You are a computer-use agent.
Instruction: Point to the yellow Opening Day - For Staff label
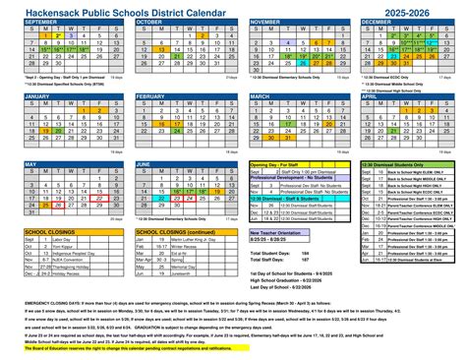[x=279, y=163]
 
